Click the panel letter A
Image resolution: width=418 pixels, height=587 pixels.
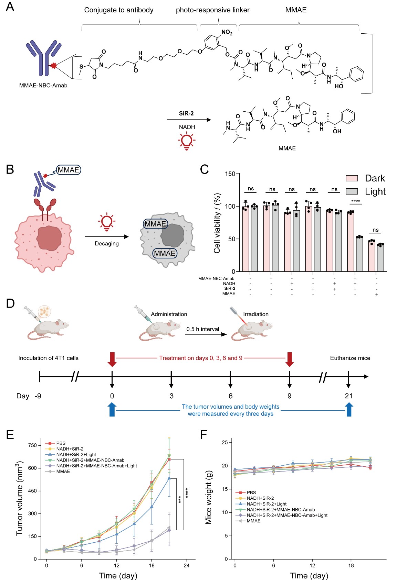[x=10, y=7]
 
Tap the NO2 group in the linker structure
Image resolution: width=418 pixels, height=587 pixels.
[x=227, y=32]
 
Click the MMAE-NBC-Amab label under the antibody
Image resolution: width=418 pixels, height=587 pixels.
[x=43, y=86]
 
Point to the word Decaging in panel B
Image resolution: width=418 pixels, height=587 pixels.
[x=107, y=244]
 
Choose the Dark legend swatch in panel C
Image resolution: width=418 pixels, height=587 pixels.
[x=352, y=178]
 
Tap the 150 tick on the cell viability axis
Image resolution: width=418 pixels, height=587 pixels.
[x=230, y=174]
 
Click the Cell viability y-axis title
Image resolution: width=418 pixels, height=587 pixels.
[x=217, y=223]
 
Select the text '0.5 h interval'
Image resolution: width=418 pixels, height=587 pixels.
[x=203, y=329]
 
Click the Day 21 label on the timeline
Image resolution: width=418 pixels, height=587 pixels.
[x=349, y=396]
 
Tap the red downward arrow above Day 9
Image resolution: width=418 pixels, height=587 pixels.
[x=290, y=359]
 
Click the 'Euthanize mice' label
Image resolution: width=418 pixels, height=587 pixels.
[x=350, y=358]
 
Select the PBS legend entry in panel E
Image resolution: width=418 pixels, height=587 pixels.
[x=61, y=443]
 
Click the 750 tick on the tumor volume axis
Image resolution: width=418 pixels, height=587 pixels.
[x=32, y=445]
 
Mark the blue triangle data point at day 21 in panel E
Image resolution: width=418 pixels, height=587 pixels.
[x=169, y=478]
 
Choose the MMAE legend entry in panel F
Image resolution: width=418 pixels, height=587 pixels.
[x=253, y=521]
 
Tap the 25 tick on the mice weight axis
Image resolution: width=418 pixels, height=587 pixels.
[x=225, y=442]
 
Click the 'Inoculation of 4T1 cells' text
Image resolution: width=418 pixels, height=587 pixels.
[x=49, y=358]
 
